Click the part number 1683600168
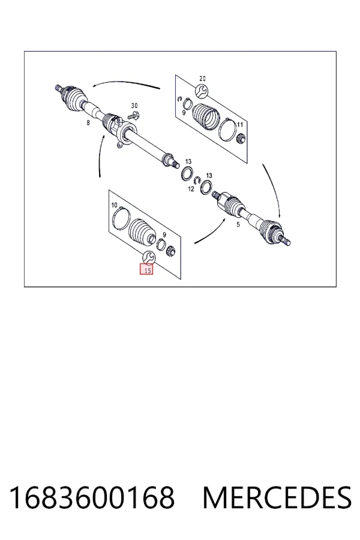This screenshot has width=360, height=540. [92, 497]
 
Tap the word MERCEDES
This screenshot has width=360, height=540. [277, 497]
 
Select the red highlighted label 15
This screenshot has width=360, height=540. [146, 269]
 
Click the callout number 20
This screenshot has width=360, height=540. [203, 79]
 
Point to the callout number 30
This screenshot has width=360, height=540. [134, 106]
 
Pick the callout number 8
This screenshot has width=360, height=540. [88, 122]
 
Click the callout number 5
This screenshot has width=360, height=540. [238, 224]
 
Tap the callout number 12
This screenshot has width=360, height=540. [191, 189]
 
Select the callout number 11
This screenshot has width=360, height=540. [240, 125]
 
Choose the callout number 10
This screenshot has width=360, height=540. [115, 205]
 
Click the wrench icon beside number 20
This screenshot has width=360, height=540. [202, 91]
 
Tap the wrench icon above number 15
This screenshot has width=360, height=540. [149, 257]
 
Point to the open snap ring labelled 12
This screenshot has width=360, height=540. [197, 181]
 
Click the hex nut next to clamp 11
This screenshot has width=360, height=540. [241, 139]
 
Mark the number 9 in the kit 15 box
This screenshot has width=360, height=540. [164, 235]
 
